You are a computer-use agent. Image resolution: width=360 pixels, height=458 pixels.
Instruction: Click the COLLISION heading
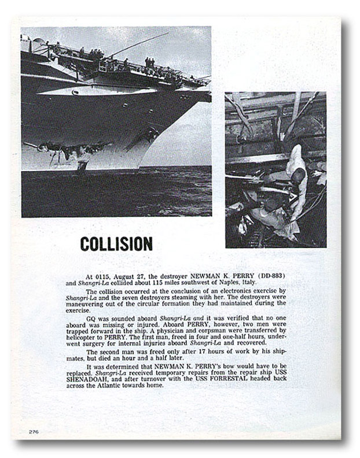coord(116,244)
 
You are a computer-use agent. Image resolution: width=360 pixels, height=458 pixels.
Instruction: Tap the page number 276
coord(34,431)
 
